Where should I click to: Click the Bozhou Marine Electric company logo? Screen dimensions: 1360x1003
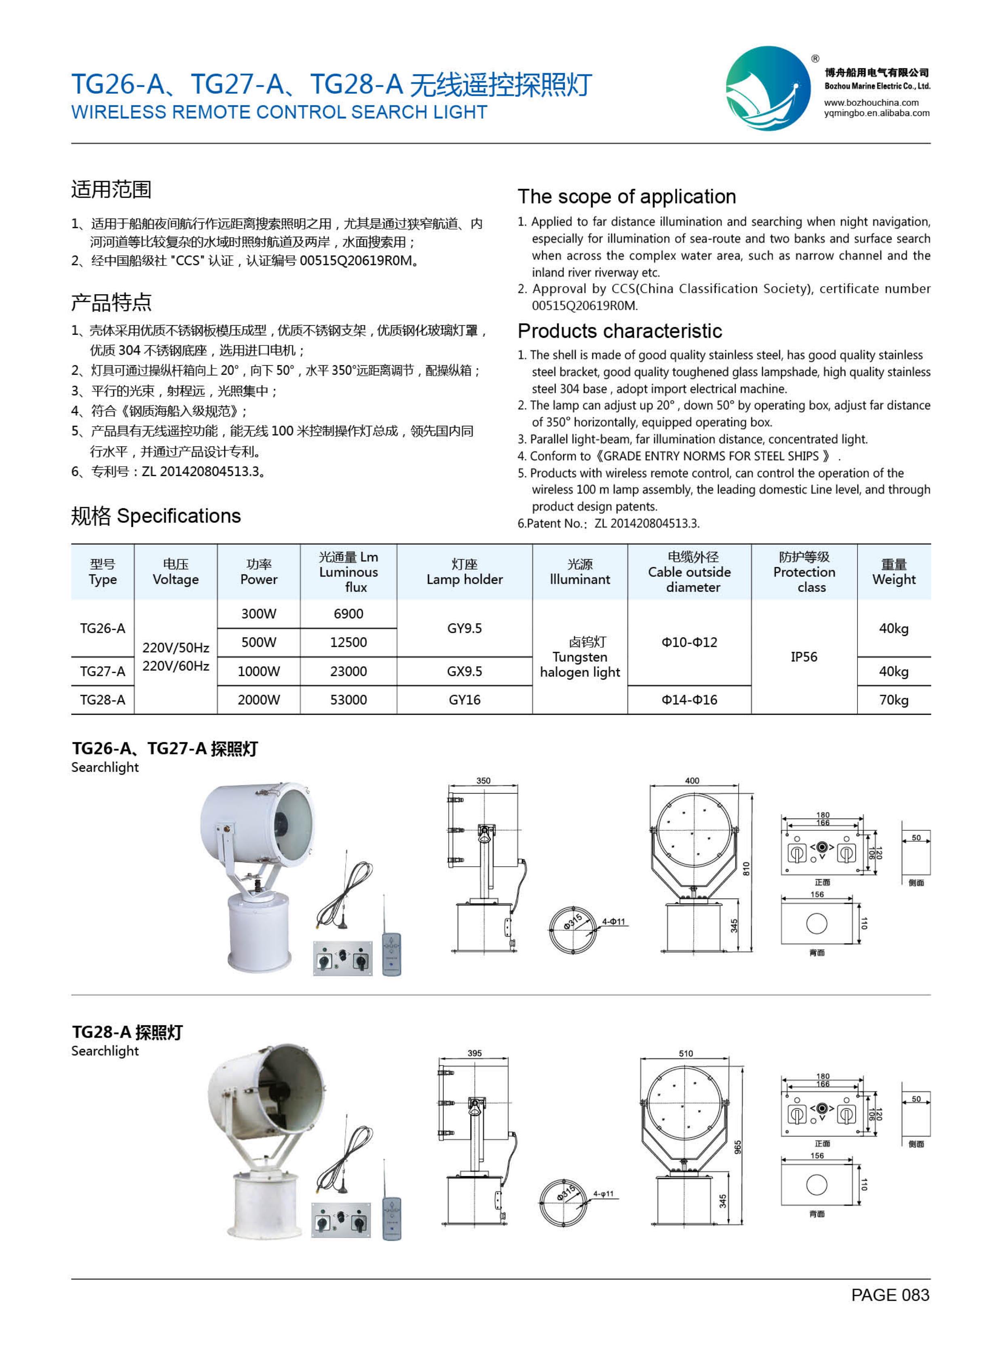(x=768, y=88)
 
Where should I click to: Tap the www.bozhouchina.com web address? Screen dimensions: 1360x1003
(x=871, y=103)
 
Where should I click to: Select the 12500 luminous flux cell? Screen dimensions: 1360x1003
(x=348, y=642)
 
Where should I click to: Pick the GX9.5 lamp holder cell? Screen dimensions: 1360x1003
(x=465, y=671)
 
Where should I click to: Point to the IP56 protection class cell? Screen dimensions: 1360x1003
(x=803, y=657)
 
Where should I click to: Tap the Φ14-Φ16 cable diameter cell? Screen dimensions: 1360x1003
(x=689, y=700)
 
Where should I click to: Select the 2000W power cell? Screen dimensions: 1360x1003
(x=259, y=700)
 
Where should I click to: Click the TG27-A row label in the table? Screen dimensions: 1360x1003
(x=103, y=671)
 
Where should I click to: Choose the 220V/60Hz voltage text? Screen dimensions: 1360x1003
(x=175, y=666)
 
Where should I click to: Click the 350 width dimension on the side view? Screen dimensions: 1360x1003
(x=483, y=781)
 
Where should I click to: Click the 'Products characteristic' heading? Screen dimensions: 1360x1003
(x=619, y=331)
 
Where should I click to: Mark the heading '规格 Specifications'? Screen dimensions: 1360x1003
(x=156, y=516)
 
